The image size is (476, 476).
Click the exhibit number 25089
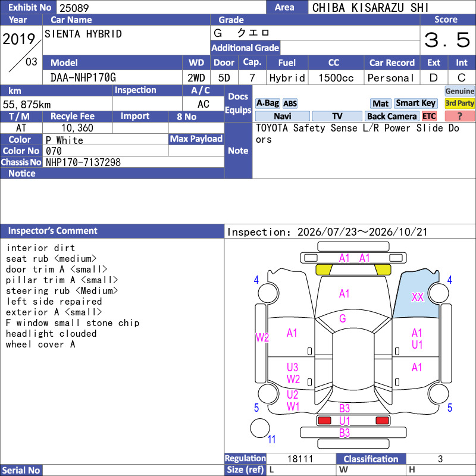point(74,8)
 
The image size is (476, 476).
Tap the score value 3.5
point(447,40)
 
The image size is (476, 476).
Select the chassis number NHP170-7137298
point(83,162)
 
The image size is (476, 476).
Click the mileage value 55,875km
point(27,105)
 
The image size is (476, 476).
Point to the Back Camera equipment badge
point(392,116)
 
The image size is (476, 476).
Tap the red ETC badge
point(429,116)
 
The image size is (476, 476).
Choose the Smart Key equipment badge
point(415,103)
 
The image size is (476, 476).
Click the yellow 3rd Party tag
point(459,103)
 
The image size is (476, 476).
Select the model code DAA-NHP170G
point(83,78)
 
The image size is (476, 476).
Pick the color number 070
point(54,151)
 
